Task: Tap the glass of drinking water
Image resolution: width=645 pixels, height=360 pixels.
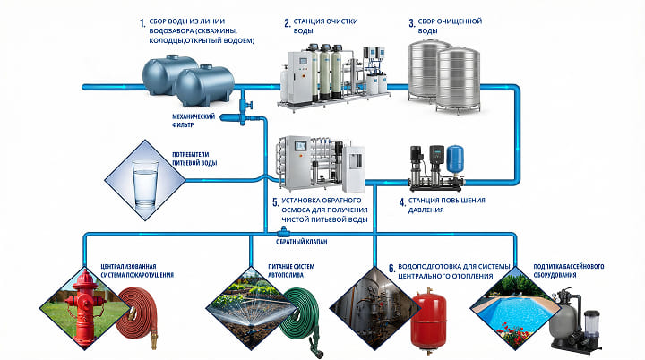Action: [x=143, y=183]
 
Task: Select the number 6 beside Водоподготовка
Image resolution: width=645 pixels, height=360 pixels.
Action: [x=391, y=268]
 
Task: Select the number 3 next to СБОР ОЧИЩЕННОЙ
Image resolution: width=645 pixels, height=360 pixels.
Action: [x=410, y=21]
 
